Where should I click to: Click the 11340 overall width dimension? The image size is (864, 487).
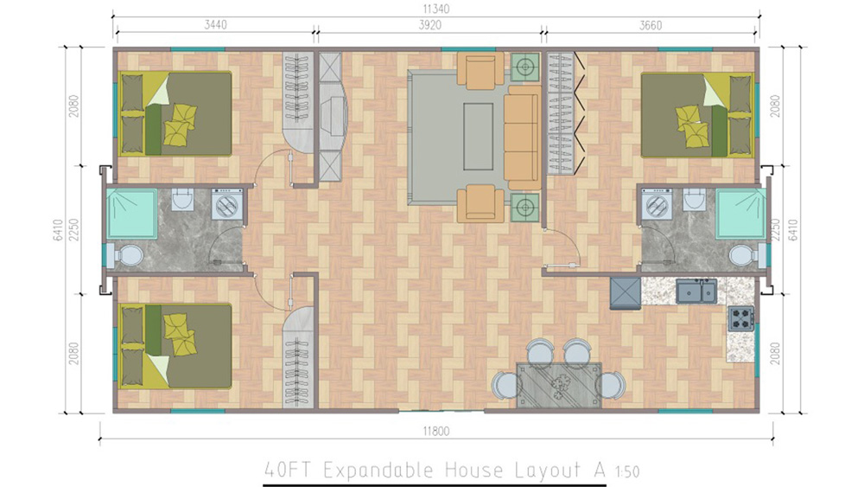pos(435,9)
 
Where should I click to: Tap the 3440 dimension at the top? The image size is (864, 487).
pos(215,25)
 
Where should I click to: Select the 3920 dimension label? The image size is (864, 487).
pos(429,25)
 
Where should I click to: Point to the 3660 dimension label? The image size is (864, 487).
pos(651,25)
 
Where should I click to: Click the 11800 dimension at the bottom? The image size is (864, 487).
pos(435,431)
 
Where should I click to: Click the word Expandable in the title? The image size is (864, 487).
pos(378,470)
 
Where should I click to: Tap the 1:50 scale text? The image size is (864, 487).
pos(626,471)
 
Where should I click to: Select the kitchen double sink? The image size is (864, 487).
pos(696,291)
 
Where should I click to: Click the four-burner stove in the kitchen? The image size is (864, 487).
pos(740,317)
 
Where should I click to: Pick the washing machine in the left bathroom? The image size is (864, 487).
pos(227,205)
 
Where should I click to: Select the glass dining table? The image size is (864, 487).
pos(558,385)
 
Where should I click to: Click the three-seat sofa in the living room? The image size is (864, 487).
pos(522,138)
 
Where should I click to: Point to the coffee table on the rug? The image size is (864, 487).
pos(478,137)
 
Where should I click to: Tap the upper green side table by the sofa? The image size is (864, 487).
pos(524,67)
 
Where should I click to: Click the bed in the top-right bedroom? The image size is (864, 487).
pos(697,115)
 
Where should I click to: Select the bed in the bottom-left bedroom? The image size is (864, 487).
pos(175,346)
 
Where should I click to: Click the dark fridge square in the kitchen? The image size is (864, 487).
pos(626,293)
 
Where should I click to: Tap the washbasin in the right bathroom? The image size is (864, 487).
pos(695,199)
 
